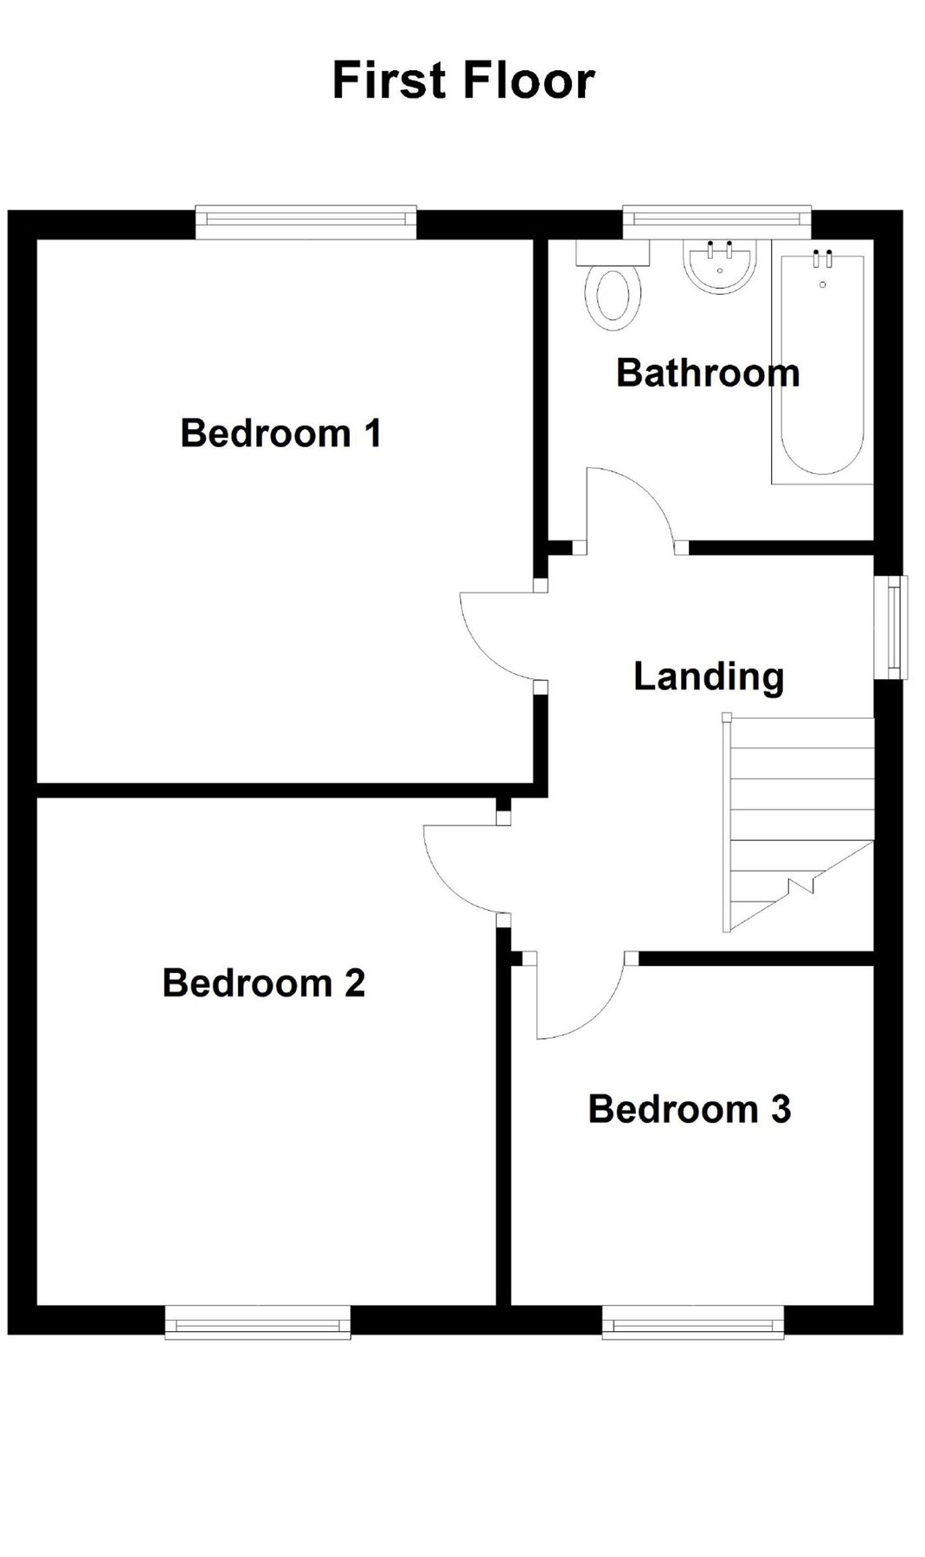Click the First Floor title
(464, 80)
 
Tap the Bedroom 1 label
(281, 432)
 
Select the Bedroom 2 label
(264, 983)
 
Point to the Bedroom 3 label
(690, 1109)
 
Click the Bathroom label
(708, 373)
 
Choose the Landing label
(709, 676)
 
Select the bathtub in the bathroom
(822, 367)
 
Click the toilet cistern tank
(613, 252)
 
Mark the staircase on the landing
(798, 823)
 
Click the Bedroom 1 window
(306, 221)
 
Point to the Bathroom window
(716, 221)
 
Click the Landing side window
(890, 627)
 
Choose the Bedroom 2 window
(258, 1323)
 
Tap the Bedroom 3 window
(693, 1323)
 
